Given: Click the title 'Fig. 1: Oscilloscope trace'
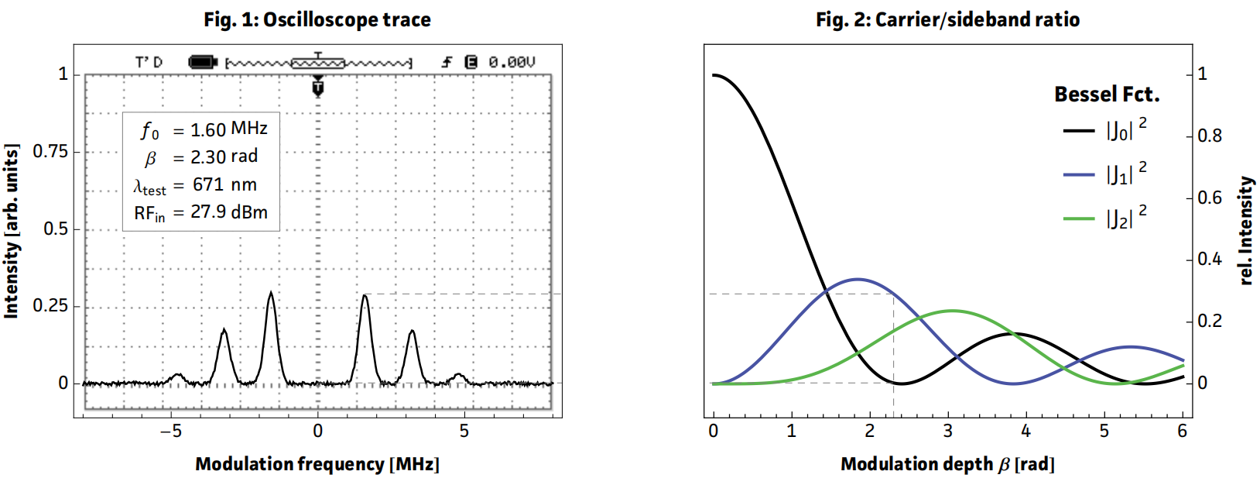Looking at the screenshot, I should pos(317,19).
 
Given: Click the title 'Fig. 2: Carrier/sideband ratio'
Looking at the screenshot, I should pos(947,19).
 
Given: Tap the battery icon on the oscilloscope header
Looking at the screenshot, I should pos(203,62).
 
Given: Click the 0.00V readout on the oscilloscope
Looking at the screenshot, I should pos(512,62).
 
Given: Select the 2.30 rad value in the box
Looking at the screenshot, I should pos(224,157).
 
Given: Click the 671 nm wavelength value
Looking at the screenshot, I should pos(224,184).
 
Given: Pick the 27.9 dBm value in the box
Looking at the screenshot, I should pos(229,212).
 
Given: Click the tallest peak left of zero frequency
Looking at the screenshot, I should pos(270,294).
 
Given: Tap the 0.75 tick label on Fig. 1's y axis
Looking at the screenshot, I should pos(50,151).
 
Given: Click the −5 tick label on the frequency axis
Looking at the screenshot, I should pos(171,431).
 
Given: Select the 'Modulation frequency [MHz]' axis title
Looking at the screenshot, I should pos(317,464).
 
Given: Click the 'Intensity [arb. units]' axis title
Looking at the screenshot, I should pos(11,230).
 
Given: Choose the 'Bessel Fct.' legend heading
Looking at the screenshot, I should pos(1107,95).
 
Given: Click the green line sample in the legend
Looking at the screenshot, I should pos(1079,219).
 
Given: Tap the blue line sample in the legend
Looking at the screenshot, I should pos(1079,175).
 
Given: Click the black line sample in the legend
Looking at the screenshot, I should pos(1079,131).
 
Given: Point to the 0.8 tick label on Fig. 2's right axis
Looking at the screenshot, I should pos(1210,136).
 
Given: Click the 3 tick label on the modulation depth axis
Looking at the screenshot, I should pos(947,431).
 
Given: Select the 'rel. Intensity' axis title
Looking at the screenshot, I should pos(1245,230).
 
